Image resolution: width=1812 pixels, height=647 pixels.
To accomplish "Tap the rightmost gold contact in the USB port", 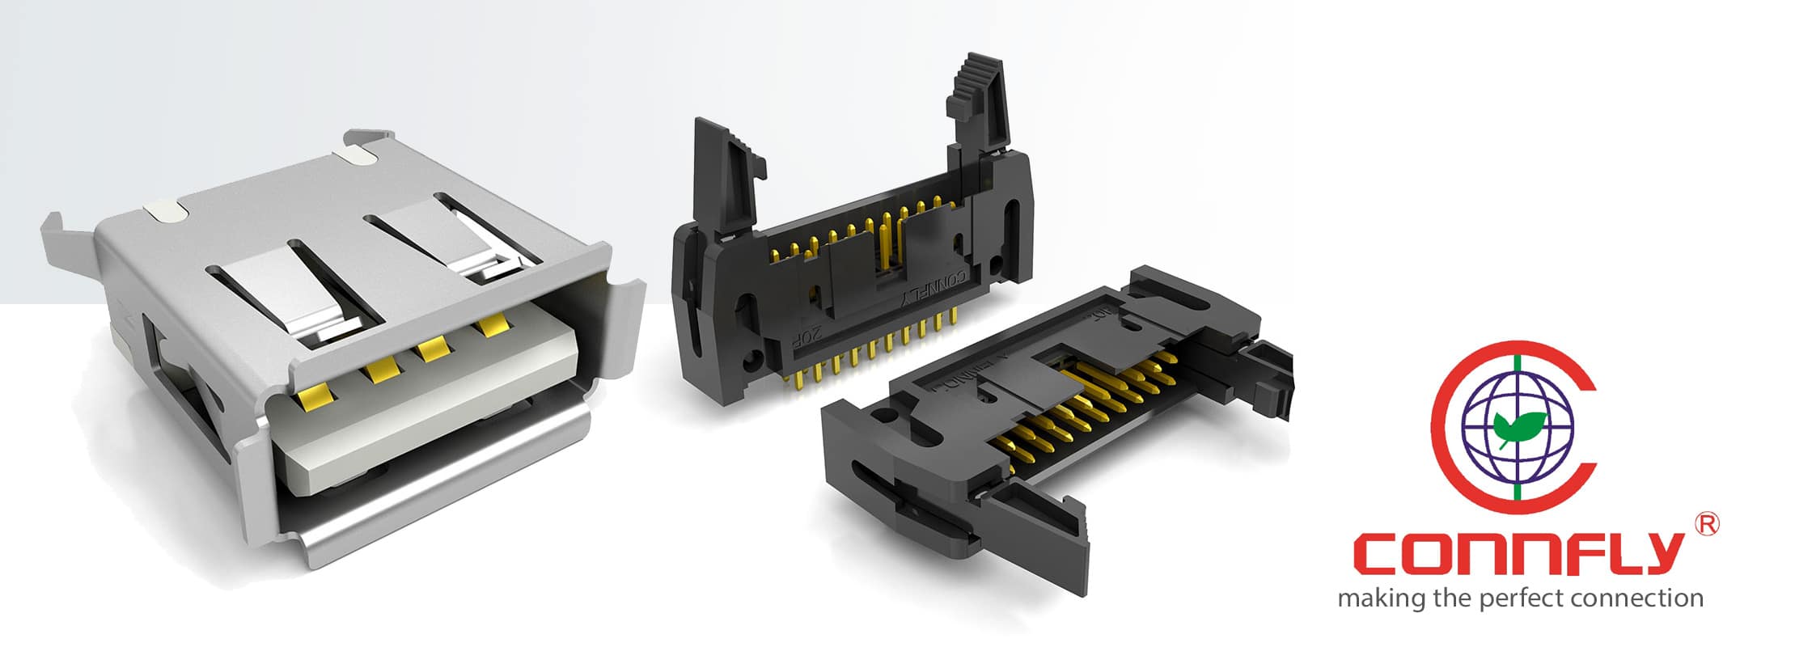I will [491, 327].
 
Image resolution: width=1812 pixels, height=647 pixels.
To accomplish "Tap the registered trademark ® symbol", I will [1707, 524].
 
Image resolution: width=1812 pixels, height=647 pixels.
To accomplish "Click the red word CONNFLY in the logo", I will [1521, 555].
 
